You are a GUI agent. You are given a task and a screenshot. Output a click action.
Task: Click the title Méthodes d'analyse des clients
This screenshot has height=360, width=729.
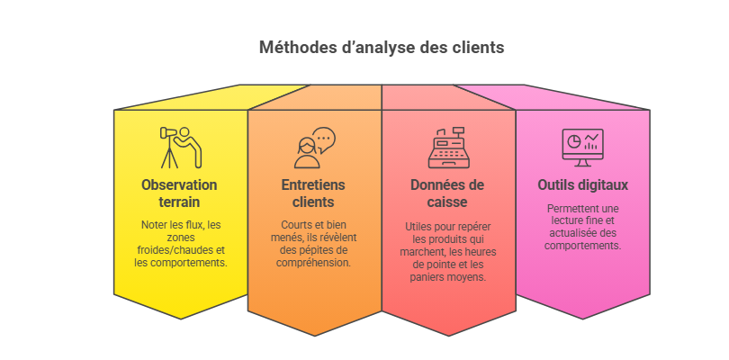pos(382,48)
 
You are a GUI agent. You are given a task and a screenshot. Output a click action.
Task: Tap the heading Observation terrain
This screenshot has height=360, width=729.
pos(179,193)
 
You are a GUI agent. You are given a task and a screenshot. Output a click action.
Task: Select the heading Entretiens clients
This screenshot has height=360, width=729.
pos(313,193)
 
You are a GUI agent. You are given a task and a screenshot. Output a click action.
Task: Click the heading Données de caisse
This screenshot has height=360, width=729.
pos(447,193)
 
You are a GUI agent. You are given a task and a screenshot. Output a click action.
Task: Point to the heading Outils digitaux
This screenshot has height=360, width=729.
pos(582,185)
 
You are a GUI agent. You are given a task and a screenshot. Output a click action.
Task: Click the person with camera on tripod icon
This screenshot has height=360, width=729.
pos(181,148)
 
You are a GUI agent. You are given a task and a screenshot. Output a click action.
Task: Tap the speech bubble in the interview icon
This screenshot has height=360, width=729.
pos(324,140)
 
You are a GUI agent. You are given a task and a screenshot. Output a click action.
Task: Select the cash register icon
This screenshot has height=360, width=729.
pos(449,148)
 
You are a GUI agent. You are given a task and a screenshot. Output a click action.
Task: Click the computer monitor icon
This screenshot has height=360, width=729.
pos(582,148)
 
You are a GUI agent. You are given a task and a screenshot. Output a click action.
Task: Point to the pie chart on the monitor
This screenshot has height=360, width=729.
pos(574,141)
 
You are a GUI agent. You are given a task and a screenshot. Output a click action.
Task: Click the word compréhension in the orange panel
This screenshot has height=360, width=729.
pos(313,263)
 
